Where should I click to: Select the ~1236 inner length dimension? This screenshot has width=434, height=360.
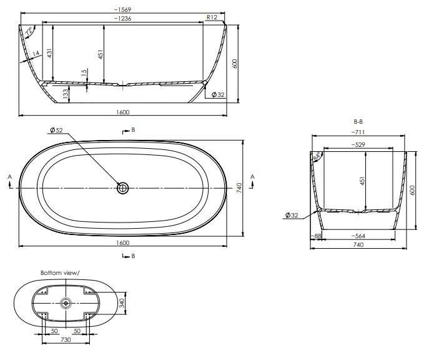click(122, 19)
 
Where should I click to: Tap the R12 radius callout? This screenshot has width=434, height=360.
click(211, 18)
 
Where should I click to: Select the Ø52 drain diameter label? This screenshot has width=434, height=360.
click(56, 130)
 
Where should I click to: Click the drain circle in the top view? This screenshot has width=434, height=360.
click(123, 187)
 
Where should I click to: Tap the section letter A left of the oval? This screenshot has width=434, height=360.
click(9, 177)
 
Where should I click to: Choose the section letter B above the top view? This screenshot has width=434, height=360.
click(132, 130)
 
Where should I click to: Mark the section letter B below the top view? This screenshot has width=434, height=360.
click(132, 256)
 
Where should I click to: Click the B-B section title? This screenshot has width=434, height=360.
click(358, 121)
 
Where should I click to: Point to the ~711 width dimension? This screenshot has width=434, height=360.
click(358, 132)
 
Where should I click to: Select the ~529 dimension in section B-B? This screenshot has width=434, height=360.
click(358, 145)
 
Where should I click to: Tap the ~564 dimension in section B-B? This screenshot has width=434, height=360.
click(358, 236)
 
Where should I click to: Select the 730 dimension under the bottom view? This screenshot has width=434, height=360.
click(65, 340)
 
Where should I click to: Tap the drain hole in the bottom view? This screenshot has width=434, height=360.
click(66, 303)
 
